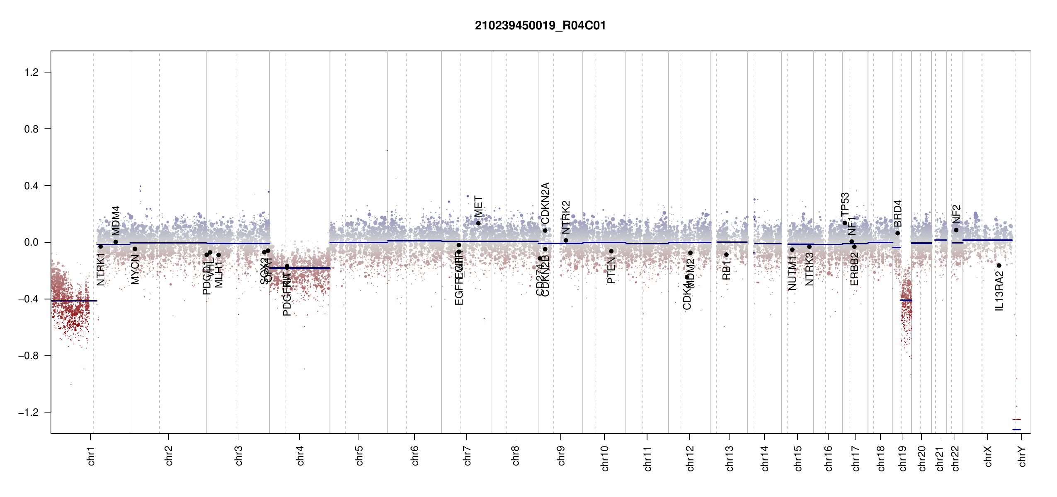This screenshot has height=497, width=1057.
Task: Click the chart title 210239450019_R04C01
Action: pyautogui.click(x=540, y=26)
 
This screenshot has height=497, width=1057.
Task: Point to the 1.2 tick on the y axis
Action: pyautogui.click(x=32, y=72)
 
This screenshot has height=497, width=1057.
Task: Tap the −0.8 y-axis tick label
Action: pyautogui.click(x=29, y=356)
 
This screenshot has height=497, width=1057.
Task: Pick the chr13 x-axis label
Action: pyautogui.click(x=730, y=458)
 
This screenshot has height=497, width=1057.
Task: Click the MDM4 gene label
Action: pyautogui.click(x=116, y=220)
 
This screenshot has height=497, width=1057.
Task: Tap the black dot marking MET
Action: pyautogui.click(x=478, y=223)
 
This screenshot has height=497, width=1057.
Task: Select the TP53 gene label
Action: pyautogui.click(x=845, y=204)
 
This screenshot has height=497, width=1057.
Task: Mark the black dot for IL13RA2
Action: pyautogui.click(x=999, y=265)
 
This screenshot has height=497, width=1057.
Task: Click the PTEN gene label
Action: pyautogui.click(x=611, y=270)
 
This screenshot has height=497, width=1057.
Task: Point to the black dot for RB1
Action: pyautogui.click(x=726, y=255)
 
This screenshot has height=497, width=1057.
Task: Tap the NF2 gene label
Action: pyautogui.click(x=956, y=214)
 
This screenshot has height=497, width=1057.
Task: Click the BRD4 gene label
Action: pyautogui.click(x=897, y=213)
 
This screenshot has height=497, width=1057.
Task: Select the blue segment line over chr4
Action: pyautogui.click(x=300, y=268)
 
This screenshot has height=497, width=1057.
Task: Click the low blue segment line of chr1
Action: pyautogui.click(x=74, y=301)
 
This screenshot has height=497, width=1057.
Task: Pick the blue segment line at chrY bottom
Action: pyautogui.click(x=1016, y=429)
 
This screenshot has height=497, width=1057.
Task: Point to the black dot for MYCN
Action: pyautogui.click(x=135, y=249)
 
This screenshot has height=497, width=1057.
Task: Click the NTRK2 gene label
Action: pyautogui.click(x=566, y=217)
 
